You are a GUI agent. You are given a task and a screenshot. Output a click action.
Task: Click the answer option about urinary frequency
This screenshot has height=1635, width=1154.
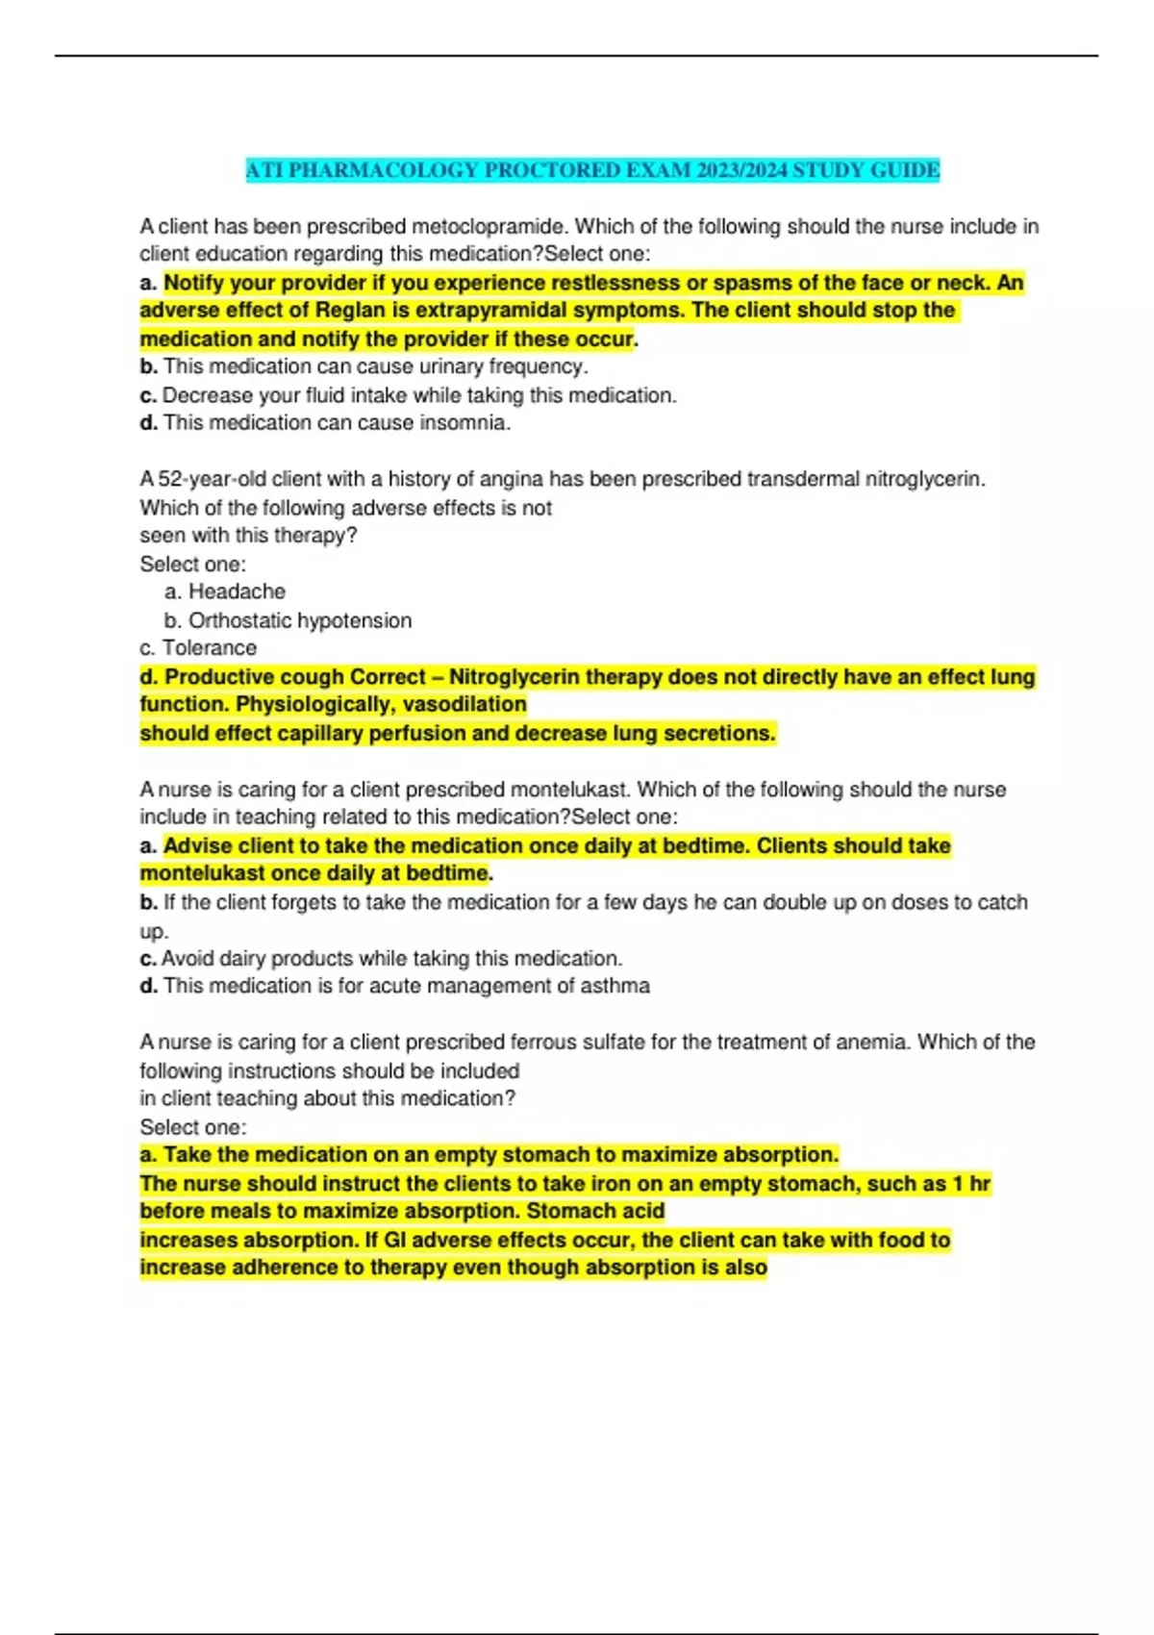tap(375, 366)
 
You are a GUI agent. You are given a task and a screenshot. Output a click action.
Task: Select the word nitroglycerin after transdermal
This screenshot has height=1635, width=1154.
tap(924, 479)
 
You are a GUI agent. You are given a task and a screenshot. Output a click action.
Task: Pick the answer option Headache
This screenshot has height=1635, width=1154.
tap(236, 591)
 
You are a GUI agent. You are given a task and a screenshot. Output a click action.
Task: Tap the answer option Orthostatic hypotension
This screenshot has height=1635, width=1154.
tap(299, 620)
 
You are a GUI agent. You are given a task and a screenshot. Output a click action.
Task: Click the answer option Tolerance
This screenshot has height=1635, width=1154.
tap(209, 648)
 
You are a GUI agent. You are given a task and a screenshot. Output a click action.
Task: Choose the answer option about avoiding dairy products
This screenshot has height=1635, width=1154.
tap(391, 958)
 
